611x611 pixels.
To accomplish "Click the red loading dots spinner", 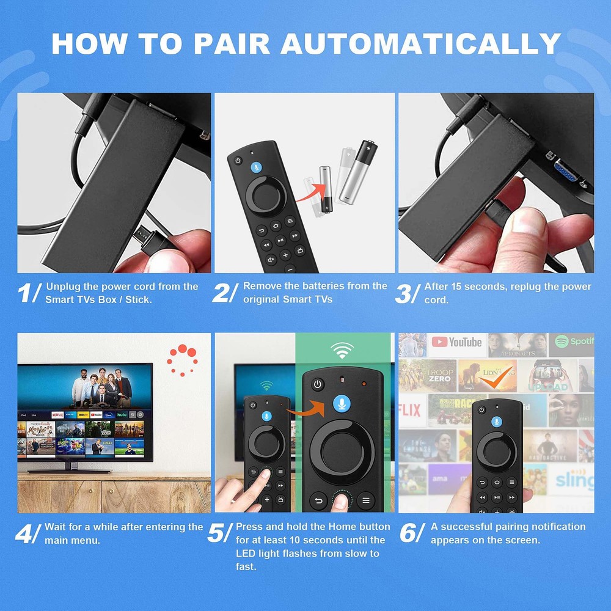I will coord(183,360).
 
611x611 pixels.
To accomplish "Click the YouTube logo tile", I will coord(456,343).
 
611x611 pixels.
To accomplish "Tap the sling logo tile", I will coord(573,481).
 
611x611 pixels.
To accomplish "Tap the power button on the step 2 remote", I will coord(237,161).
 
